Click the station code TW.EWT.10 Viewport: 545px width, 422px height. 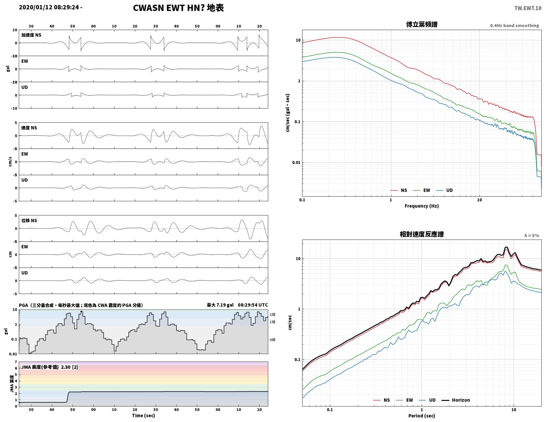point(528,8)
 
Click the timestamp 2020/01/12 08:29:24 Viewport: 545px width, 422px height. point(49,7)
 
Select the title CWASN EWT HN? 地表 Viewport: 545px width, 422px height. point(178,8)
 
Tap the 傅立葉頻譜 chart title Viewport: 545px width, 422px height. point(422,24)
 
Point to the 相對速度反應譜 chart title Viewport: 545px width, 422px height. point(422,234)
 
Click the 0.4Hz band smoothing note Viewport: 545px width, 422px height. point(514,25)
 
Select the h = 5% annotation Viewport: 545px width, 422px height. point(531,236)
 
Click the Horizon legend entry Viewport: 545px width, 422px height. point(456,400)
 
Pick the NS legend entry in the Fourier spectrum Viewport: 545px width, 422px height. point(399,190)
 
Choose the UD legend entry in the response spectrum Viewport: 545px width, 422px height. point(427,400)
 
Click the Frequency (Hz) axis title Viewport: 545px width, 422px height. point(422,206)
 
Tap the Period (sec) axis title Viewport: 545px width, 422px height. point(422,415)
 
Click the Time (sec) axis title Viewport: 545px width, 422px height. point(144,415)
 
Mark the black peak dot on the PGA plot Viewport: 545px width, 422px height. point(81,312)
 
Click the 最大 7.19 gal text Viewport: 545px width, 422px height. point(220,305)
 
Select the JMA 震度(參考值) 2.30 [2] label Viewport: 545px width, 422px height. point(50,367)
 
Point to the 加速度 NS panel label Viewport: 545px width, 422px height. point(31,35)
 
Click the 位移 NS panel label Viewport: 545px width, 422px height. point(29,220)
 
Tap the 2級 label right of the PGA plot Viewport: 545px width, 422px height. point(272,314)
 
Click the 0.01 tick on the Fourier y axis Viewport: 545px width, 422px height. point(296,162)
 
